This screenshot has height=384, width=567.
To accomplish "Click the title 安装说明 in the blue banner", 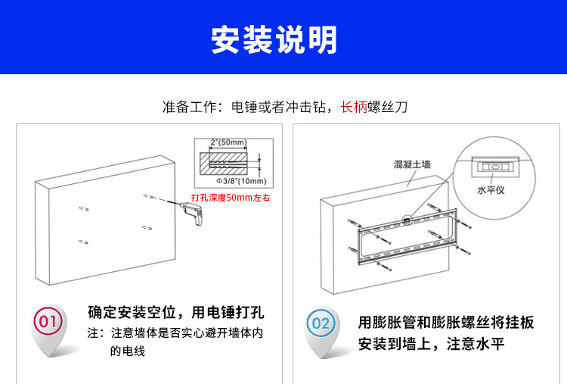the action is point(274,40).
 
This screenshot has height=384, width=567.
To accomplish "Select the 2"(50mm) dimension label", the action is point(228,142).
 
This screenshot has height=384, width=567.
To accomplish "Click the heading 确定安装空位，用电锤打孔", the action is point(176,313).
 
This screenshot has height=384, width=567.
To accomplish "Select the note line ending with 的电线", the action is point(127,351).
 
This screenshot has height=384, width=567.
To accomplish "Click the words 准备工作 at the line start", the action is point(187,107).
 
